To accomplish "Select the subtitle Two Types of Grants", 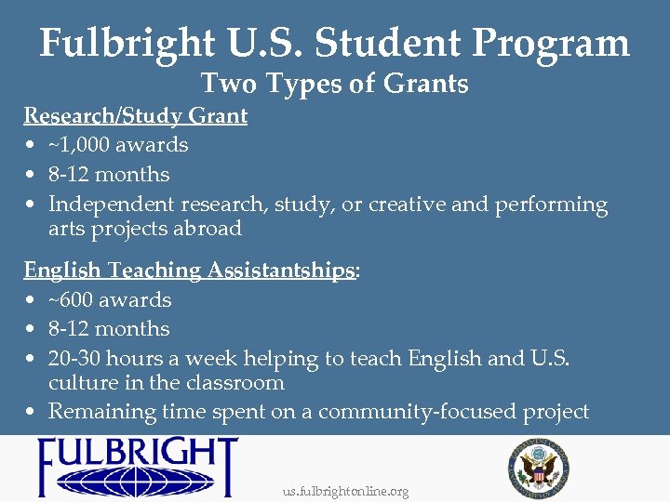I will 335,84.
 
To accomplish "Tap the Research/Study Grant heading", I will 135,116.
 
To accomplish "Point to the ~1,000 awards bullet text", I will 118,145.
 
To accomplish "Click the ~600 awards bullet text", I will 110,300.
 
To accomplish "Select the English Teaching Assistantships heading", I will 189,271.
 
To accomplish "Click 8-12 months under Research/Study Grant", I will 109,175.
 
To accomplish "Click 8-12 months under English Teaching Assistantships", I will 109,329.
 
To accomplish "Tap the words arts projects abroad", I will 144,229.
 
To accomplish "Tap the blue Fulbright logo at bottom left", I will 137,468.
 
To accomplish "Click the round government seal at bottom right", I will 538,465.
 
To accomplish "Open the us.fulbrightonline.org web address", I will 345,492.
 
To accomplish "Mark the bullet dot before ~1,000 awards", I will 31,146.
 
